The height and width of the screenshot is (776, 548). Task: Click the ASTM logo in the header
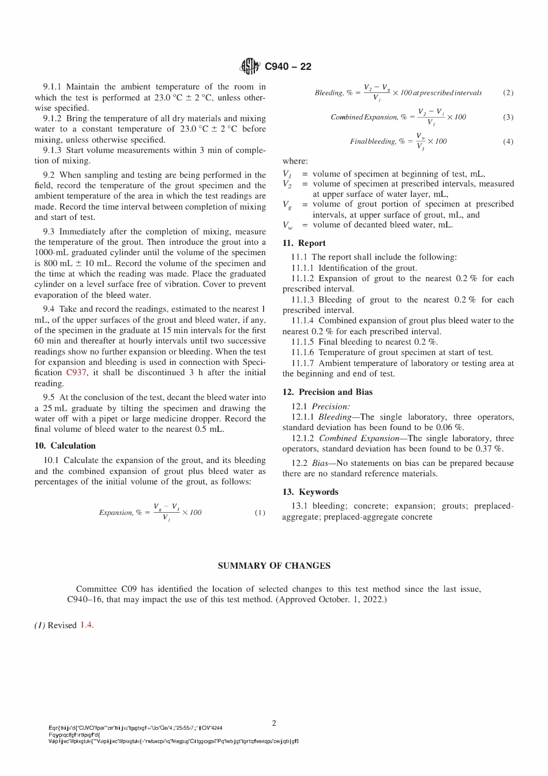coord(250,66)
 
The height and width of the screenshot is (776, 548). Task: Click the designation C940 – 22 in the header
coord(288,66)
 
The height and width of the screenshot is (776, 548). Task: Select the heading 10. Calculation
coord(65,446)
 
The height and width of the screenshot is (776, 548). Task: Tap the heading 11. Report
coord(304,243)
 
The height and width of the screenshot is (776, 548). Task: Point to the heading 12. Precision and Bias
coord(327,392)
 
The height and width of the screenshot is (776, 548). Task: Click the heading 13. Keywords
coord(310,492)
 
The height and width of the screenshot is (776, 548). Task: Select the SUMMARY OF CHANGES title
coord(274,566)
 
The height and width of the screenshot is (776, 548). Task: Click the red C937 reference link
coord(77,373)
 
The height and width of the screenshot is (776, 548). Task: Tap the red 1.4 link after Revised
coord(86,625)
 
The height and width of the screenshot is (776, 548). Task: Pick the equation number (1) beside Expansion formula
coord(260,513)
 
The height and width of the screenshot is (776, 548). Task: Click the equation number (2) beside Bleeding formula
coord(508,92)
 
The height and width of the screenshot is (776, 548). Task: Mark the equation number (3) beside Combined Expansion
coord(508,117)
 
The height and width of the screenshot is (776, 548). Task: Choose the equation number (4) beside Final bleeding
coord(508,141)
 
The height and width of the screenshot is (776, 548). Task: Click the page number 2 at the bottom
coord(274,723)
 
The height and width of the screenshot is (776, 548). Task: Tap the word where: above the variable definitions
coord(295,161)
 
